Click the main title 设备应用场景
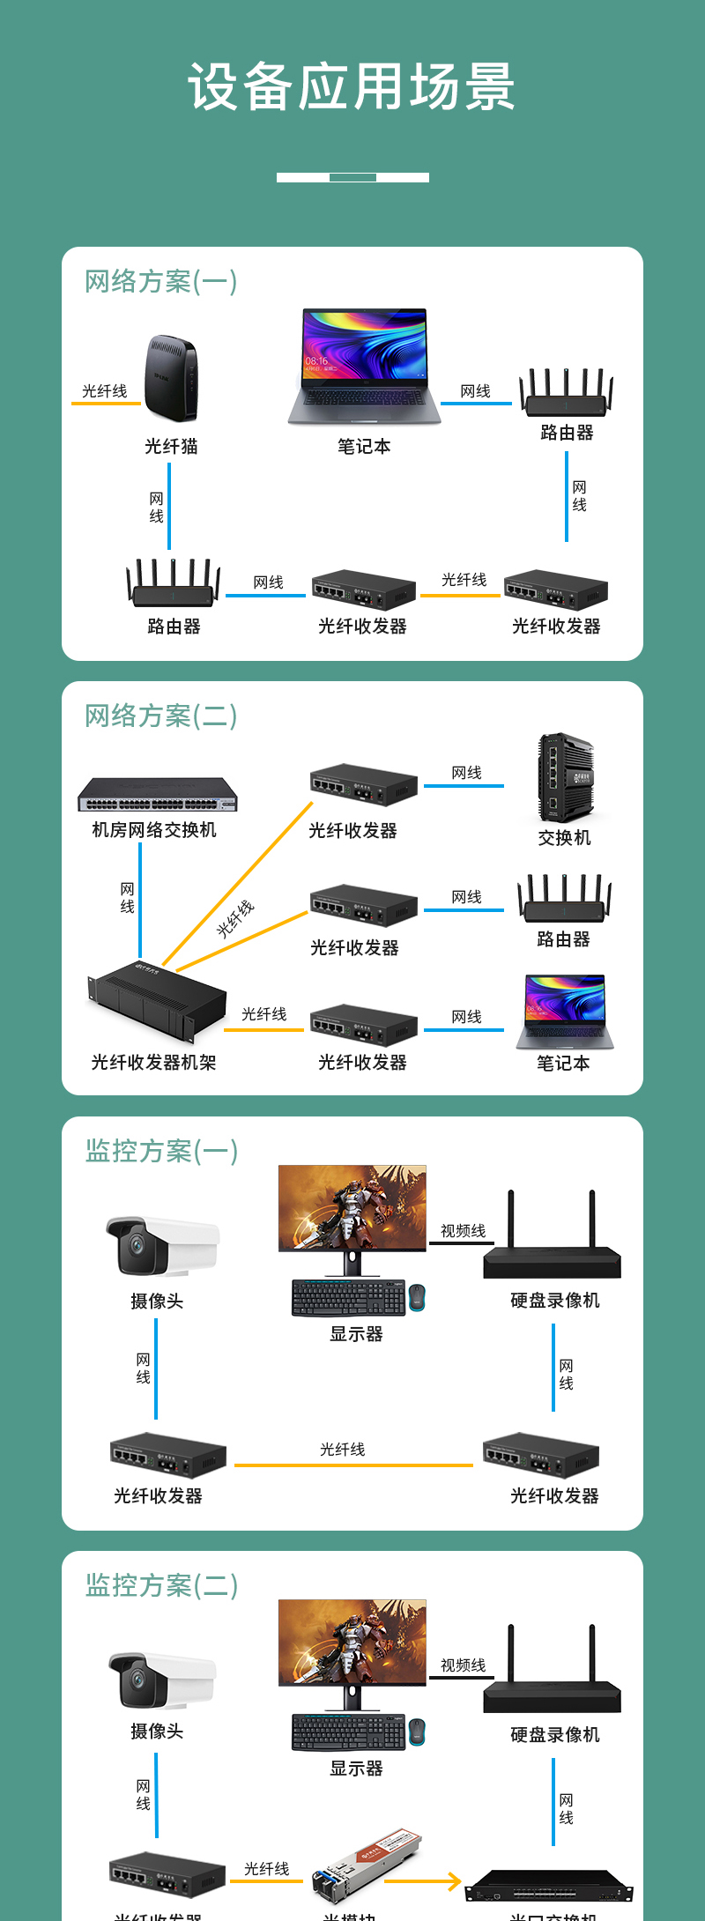coord(352,86)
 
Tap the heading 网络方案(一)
coord(160,282)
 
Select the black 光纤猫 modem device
coord(171,379)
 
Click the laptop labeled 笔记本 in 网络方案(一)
coord(364,366)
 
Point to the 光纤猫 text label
coord(171,447)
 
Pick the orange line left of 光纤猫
coord(106,404)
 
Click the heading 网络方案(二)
coord(160,716)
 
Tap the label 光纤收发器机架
coord(153,1063)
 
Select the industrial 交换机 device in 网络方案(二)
coord(565,777)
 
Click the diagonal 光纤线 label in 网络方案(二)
coord(235,918)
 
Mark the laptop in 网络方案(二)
coord(565,1012)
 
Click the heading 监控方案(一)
coord(161,1152)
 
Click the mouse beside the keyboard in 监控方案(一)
coord(417,1297)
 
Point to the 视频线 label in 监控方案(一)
coord(463,1231)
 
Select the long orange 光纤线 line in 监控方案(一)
coord(353,1465)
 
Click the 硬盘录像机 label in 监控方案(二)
coord(554,1735)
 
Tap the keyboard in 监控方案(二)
coord(348,1732)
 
